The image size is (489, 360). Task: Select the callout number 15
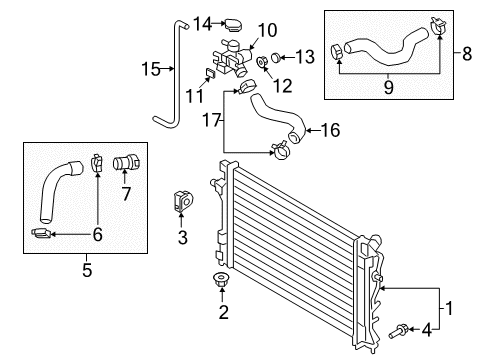[x=151, y=69]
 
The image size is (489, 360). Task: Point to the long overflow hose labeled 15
[x=169, y=95]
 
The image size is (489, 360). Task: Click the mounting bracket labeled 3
[x=184, y=199]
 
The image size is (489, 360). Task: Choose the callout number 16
[x=331, y=129]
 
